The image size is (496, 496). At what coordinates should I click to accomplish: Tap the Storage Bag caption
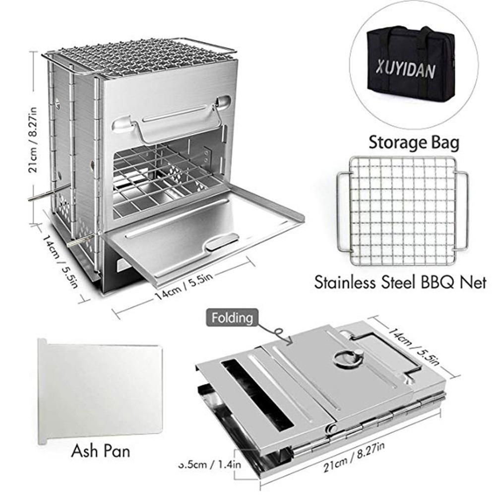(414, 143)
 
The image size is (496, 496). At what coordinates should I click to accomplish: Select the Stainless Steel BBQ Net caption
(400, 285)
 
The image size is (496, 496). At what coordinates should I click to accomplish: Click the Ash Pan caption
(101, 451)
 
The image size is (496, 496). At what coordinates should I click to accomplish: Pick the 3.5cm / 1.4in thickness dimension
(211, 465)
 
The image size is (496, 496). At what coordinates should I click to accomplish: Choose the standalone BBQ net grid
(401, 210)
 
